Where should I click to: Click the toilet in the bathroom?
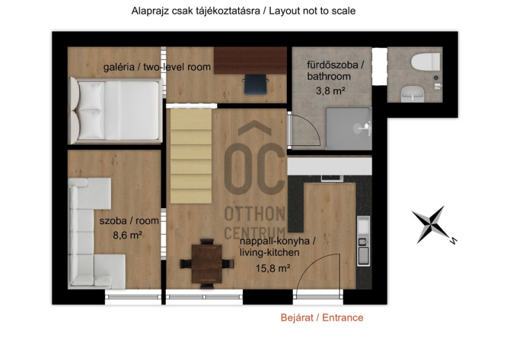(x=425, y=61)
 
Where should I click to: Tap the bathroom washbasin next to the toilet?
(x=412, y=94)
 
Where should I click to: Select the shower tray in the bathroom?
(x=349, y=129)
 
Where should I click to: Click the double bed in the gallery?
(x=115, y=111)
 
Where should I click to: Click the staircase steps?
(x=191, y=155)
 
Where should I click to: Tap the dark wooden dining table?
(x=207, y=264)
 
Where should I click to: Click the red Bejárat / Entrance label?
(x=322, y=317)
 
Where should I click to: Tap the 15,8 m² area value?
(x=273, y=268)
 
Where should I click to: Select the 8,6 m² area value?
(x=127, y=235)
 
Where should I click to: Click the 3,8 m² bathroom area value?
(x=330, y=90)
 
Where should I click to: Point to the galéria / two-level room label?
(x=157, y=68)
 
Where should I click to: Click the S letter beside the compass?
(x=453, y=241)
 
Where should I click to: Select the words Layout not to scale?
(x=312, y=11)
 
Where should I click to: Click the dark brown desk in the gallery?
(x=250, y=60)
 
